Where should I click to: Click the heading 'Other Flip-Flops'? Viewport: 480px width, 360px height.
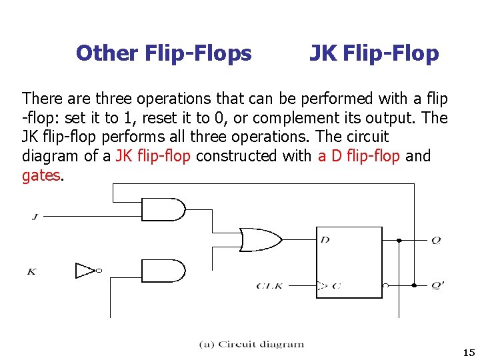pos(164,53)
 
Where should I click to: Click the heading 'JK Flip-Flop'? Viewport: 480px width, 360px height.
pos(374,53)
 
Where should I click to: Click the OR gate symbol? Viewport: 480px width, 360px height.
pos(260,239)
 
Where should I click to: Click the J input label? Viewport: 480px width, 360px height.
pos(33,216)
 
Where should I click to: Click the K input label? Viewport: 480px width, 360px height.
pos(31,271)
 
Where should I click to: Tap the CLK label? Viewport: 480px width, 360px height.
pos(269,286)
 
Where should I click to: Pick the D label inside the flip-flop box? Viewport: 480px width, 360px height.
pos(325,239)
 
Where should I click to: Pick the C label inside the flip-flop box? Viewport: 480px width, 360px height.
pos(336,286)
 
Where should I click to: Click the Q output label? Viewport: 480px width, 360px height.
pos(436,240)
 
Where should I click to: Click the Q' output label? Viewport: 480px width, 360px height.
pos(437,286)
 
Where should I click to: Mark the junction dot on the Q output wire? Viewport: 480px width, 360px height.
pos(399,240)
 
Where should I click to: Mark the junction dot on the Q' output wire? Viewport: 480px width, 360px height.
pos(414,285)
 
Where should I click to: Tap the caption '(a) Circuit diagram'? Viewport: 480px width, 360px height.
pos(251,345)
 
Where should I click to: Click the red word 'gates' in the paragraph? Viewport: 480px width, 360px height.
pos(41,175)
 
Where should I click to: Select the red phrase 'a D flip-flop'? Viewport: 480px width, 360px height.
pos(359,156)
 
